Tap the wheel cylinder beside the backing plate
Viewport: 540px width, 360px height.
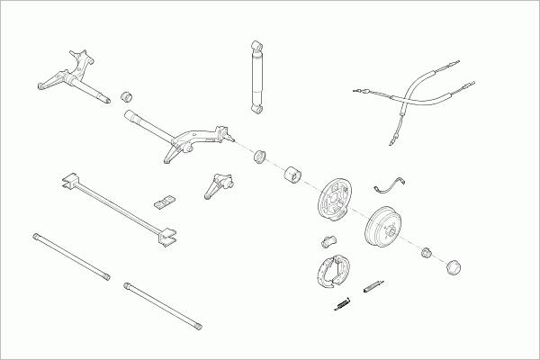coord(328,240)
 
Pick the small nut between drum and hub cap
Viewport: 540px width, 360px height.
coord(427,252)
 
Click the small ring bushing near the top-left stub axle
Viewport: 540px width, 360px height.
coord(127,94)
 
